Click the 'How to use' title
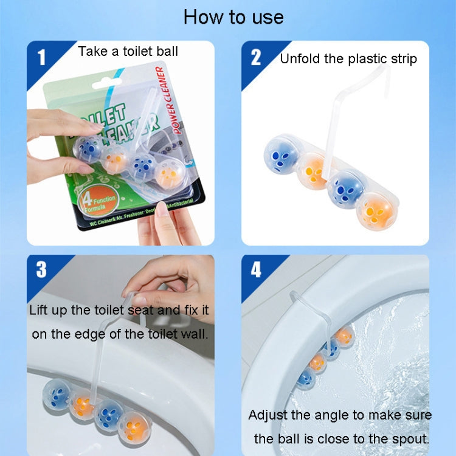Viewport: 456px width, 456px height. [x=233, y=17]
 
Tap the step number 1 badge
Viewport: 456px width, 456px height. [x=41, y=58]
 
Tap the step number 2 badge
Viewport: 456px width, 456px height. [x=255, y=57]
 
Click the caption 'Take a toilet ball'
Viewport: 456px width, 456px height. [x=128, y=51]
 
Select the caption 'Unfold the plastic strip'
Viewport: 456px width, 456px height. [x=348, y=58]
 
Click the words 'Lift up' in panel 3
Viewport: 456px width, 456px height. [x=50, y=310]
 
